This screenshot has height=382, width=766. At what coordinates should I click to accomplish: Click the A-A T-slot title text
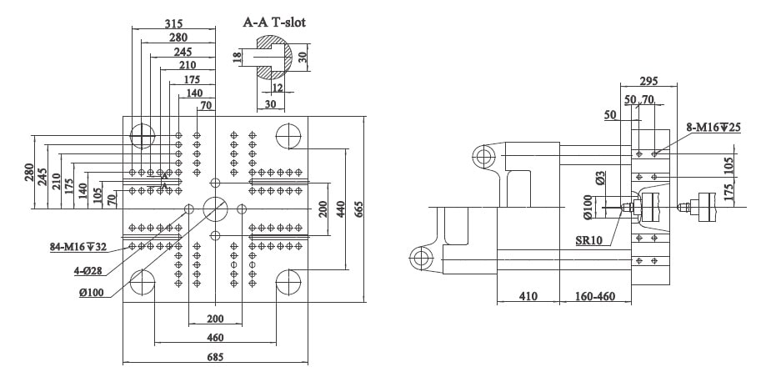pyautogui.click(x=274, y=22)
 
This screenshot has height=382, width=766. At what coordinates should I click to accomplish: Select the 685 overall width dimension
pyautogui.click(x=215, y=357)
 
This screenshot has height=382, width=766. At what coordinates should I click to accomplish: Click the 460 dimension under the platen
pyautogui.click(x=215, y=338)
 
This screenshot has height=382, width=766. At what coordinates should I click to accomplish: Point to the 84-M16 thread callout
pyautogui.click(x=78, y=247)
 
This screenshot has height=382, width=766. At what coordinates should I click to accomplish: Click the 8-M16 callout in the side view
pyautogui.click(x=713, y=128)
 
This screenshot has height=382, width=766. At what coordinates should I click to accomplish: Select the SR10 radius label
pyautogui.click(x=588, y=240)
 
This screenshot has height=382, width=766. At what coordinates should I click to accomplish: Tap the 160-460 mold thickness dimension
pyautogui.click(x=594, y=296)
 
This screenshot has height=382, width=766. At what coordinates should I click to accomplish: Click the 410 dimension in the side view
pyautogui.click(x=528, y=296)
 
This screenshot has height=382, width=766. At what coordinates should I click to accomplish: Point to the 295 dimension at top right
pyautogui.click(x=648, y=81)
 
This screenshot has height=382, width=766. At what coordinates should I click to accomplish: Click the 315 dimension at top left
pyautogui.click(x=173, y=23)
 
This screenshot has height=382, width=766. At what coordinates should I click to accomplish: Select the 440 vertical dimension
pyautogui.click(x=341, y=209)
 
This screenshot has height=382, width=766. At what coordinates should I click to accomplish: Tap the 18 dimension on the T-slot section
pyautogui.click(x=238, y=57)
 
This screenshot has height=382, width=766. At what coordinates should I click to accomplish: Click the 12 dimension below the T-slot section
pyautogui.click(x=278, y=87)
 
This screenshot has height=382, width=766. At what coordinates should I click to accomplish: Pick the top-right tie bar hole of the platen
pyautogui.click(x=288, y=135)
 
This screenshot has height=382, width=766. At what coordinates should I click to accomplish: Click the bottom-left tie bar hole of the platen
pyautogui.click(x=143, y=282)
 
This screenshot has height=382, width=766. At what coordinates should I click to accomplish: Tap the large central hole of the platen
pyautogui.click(x=215, y=209)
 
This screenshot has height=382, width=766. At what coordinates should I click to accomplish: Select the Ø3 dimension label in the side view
pyautogui.click(x=601, y=178)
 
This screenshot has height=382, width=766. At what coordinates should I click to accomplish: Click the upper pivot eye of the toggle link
pyautogui.click(x=484, y=156)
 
